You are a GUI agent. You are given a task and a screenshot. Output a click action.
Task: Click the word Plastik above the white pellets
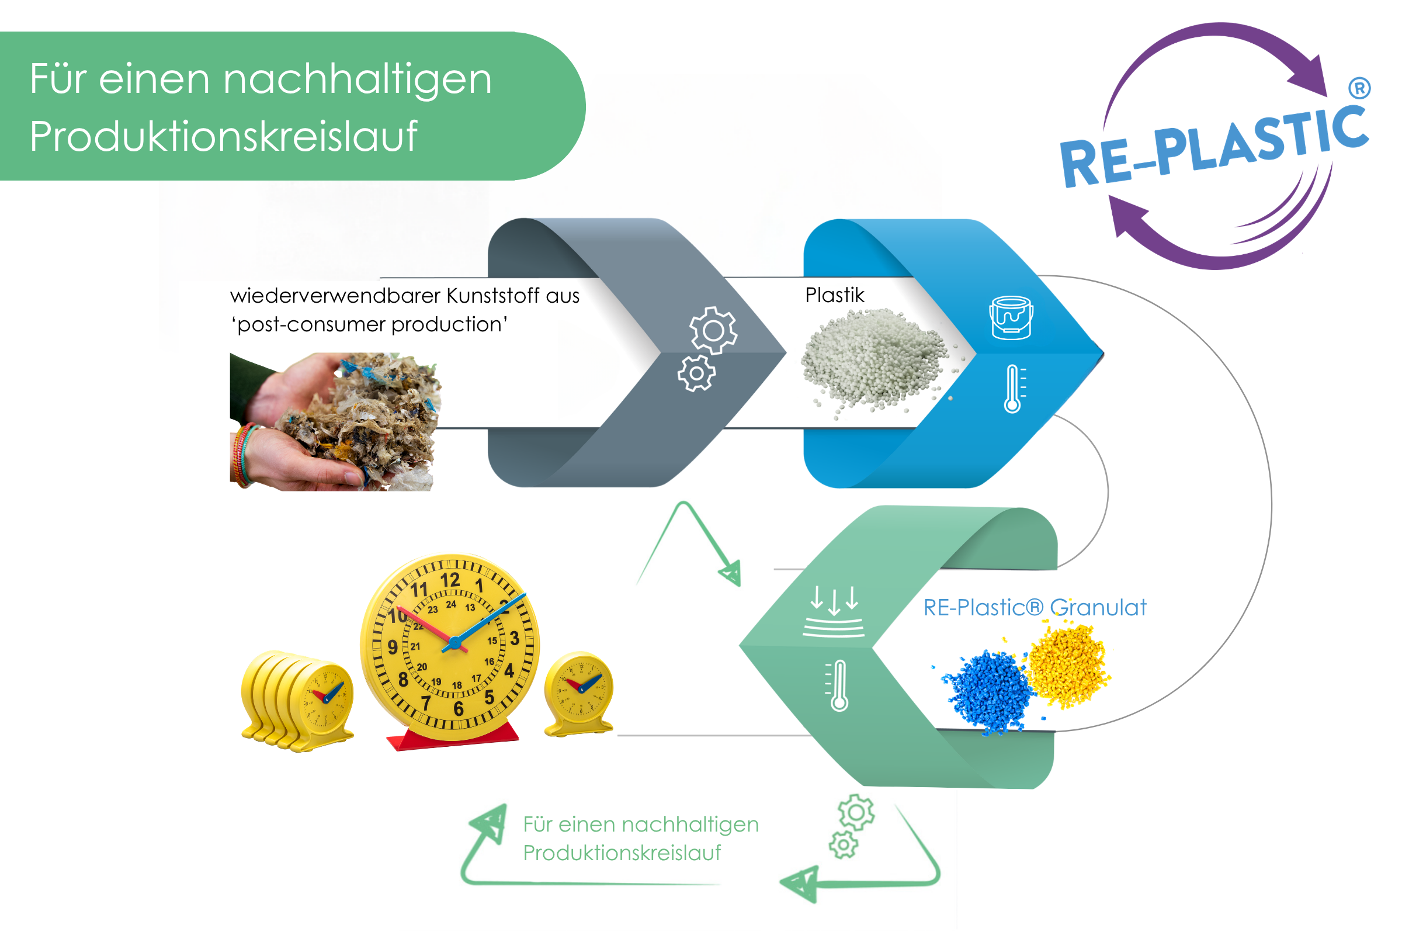click(835, 295)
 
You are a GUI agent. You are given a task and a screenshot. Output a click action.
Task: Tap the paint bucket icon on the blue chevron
click(1011, 318)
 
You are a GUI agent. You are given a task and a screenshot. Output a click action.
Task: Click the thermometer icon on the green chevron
click(838, 685)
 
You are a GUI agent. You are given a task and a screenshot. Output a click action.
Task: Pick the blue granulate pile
click(986, 692)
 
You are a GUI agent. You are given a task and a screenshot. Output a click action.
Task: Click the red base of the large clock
click(453, 736)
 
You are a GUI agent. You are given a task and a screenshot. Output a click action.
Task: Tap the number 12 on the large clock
click(450, 580)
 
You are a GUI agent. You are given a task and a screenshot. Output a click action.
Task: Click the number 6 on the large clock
click(459, 709)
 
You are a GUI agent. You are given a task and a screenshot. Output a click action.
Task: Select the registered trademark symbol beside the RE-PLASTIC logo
click(1360, 89)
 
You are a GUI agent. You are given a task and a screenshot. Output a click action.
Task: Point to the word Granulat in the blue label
click(1098, 608)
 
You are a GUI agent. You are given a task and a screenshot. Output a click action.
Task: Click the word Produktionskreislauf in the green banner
click(224, 137)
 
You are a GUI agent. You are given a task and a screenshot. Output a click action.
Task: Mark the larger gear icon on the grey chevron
click(713, 330)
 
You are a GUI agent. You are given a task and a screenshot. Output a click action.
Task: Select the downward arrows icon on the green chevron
click(834, 611)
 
